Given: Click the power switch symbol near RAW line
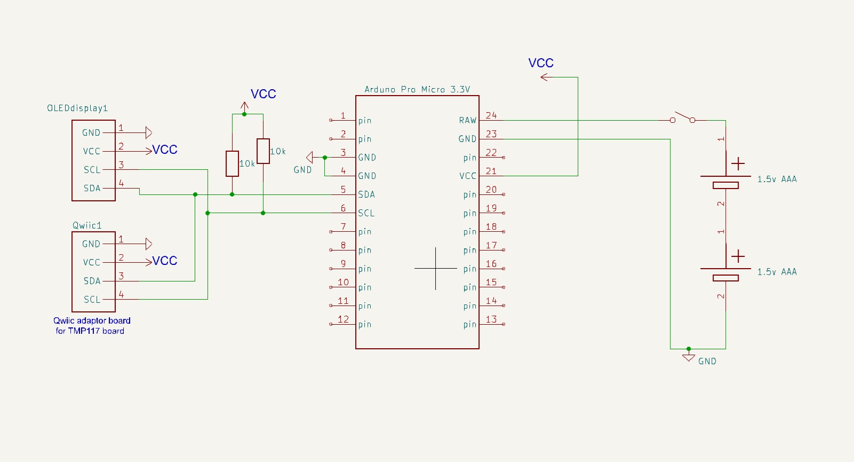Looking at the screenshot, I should (x=682, y=118).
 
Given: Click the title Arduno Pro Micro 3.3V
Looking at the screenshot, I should (x=417, y=89).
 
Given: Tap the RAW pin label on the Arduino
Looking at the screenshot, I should (x=467, y=120).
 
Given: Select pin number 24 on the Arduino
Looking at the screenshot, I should (x=491, y=115).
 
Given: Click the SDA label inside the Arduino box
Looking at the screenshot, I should (x=366, y=194).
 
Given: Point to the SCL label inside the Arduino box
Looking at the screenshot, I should (x=366, y=213).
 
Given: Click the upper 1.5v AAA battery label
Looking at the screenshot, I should (x=777, y=179).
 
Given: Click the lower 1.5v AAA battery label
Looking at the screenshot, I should (x=777, y=272).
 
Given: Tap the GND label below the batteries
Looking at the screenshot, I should (x=707, y=361).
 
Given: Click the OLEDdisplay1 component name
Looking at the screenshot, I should (x=77, y=108).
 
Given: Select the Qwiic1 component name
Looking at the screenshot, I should (x=87, y=225).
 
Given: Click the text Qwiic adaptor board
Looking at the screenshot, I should (x=92, y=320).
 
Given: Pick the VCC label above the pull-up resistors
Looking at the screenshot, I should (x=263, y=94).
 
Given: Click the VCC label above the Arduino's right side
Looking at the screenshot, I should (x=541, y=63).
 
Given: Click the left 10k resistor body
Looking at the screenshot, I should (x=232, y=163).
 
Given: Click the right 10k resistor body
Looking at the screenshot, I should (x=263, y=151).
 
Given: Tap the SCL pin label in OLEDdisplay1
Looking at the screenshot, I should (x=92, y=170).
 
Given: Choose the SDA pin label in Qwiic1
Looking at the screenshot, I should (x=92, y=281).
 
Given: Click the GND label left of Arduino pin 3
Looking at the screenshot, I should (x=302, y=170).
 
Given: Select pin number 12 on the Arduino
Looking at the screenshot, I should (x=343, y=319).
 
